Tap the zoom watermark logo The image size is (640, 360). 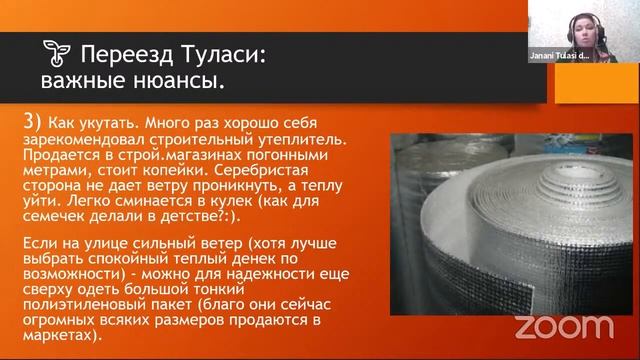coord(564,325)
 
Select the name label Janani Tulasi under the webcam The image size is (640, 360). coord(559,57)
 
